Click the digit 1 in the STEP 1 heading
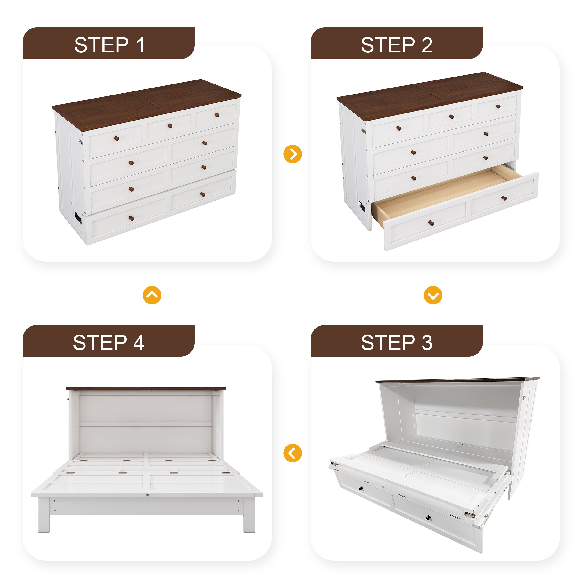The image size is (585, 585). tap(140, 45)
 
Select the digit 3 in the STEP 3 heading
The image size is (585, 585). tap(427, 343)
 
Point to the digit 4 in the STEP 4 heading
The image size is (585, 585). tap(139, 343)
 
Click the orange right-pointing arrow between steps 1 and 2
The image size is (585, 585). tap(292, 154)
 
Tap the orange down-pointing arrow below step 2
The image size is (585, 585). tap(433, 295)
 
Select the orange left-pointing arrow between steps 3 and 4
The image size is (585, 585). tap(292, 453)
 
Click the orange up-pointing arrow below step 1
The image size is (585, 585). tap(152, 295)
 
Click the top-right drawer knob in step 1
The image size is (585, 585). tap(217, 115)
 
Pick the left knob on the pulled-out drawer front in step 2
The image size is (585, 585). tap(431, 223)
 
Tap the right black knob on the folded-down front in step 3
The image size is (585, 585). tap(428, 517)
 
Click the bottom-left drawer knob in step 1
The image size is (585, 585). tap(132, 218)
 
